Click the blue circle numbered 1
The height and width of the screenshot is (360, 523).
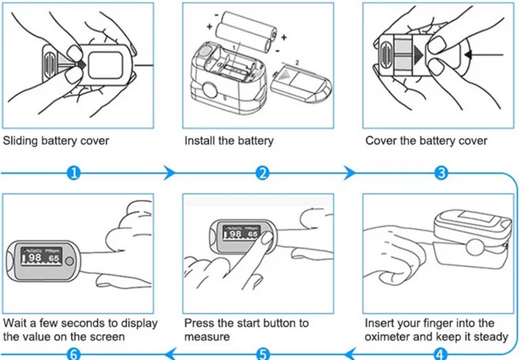(x=73, y=174)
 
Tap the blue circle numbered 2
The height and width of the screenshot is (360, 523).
(x=263, y=174)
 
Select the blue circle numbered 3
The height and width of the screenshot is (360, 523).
(x=441, y=174)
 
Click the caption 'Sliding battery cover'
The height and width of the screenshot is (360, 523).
(x=57, y=140)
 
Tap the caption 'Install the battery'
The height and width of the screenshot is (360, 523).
(x=228, y=140)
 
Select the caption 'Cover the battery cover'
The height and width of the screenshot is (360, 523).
(x=426, y=140)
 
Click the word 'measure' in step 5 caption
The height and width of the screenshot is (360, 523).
(x=207, y=337)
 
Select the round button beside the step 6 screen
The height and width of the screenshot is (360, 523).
(x=68, y=261)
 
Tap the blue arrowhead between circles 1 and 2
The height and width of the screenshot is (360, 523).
(x=170, y=174)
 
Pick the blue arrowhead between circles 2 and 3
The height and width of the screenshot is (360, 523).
(x=352, y=174)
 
